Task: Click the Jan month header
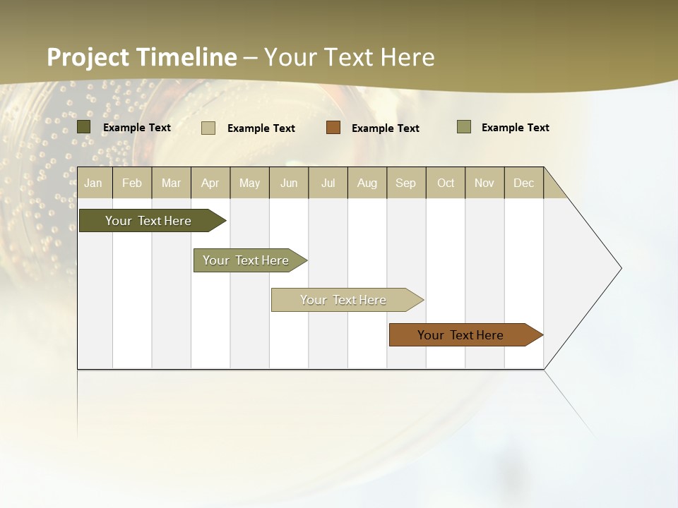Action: tap(94, 183)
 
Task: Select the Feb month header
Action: tap(132, 183)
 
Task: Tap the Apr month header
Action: tap(210, 183)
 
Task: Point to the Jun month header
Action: tap(289, 183)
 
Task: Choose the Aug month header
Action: tap(367, 183)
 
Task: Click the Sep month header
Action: tap(406, 183)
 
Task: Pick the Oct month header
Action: tap(446, 183)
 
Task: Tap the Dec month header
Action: tap(524, 183)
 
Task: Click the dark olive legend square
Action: tap(84, 127)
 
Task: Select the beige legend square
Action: tap(208, 128)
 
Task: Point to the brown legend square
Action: tap(333, 128)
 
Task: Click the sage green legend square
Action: tap(463, 127)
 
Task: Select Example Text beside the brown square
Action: tap(386, 128)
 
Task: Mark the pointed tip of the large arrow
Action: tap(620, 268)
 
